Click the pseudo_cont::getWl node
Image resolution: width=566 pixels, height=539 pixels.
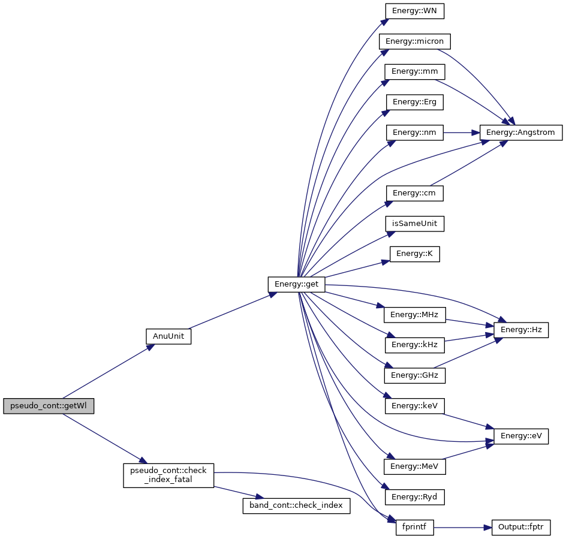(x=49, y=406)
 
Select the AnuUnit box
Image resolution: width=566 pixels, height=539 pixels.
(x=168, y=336)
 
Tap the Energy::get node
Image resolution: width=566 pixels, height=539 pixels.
(x=296, y=284)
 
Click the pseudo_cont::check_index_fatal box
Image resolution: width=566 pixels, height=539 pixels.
(x=168, y=475)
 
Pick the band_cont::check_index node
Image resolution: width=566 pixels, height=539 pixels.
(x=296, y=505)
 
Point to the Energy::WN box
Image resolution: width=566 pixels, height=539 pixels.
(x=414, y=10)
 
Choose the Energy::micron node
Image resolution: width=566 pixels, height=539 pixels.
(x=414, y=41)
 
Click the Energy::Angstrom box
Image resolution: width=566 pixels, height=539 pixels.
(x=520, y=132)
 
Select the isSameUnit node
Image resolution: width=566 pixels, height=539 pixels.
(x=414, y=224)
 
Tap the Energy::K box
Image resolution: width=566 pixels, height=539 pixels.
(x=414, y=254)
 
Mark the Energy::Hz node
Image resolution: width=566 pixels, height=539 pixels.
(x=520, y=329)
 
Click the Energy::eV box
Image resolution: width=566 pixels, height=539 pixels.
(x=520, y=436)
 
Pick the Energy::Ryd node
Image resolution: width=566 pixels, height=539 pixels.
(x=414, y=497)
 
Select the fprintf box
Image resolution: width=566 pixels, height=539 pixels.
(x=414, y=528)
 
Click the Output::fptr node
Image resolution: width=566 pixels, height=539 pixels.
(x=520, y=528)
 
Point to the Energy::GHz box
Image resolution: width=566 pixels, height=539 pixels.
(x=414, y=375)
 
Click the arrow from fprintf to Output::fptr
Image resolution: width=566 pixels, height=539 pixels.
(x=462, y=528)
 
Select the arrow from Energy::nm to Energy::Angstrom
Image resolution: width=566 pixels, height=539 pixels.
(x=460, y=132)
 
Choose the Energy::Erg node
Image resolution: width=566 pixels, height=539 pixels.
(x=414, y=102)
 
